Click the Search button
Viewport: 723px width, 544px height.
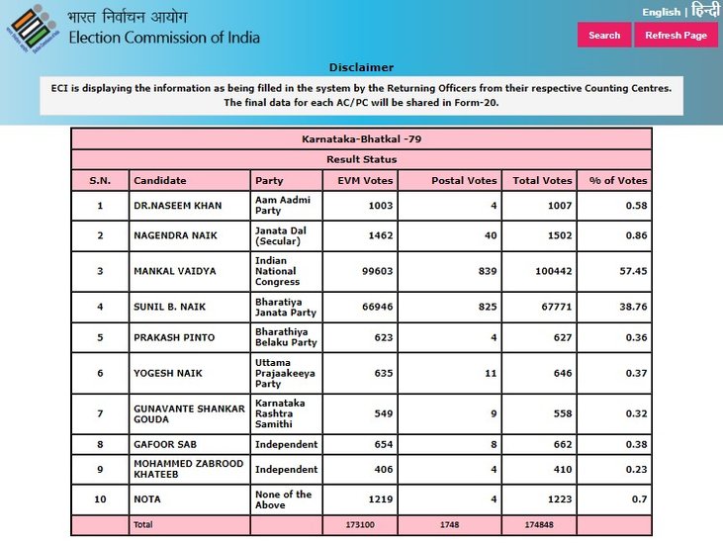(x=603, y=35)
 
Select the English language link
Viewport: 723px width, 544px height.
(x=661, y=12)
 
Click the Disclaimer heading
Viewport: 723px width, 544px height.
(x=361, y=67)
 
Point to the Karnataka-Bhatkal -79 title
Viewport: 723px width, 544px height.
(x=361, y=139)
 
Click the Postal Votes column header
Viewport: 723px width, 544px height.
(x=464, y=181)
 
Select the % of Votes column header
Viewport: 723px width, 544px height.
(x=617, y=181)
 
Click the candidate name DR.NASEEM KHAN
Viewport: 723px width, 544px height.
(x=178, y=206)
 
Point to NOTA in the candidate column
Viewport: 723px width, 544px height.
(x=148, y=499)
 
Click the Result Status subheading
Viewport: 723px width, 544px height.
(x=361, y=159)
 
